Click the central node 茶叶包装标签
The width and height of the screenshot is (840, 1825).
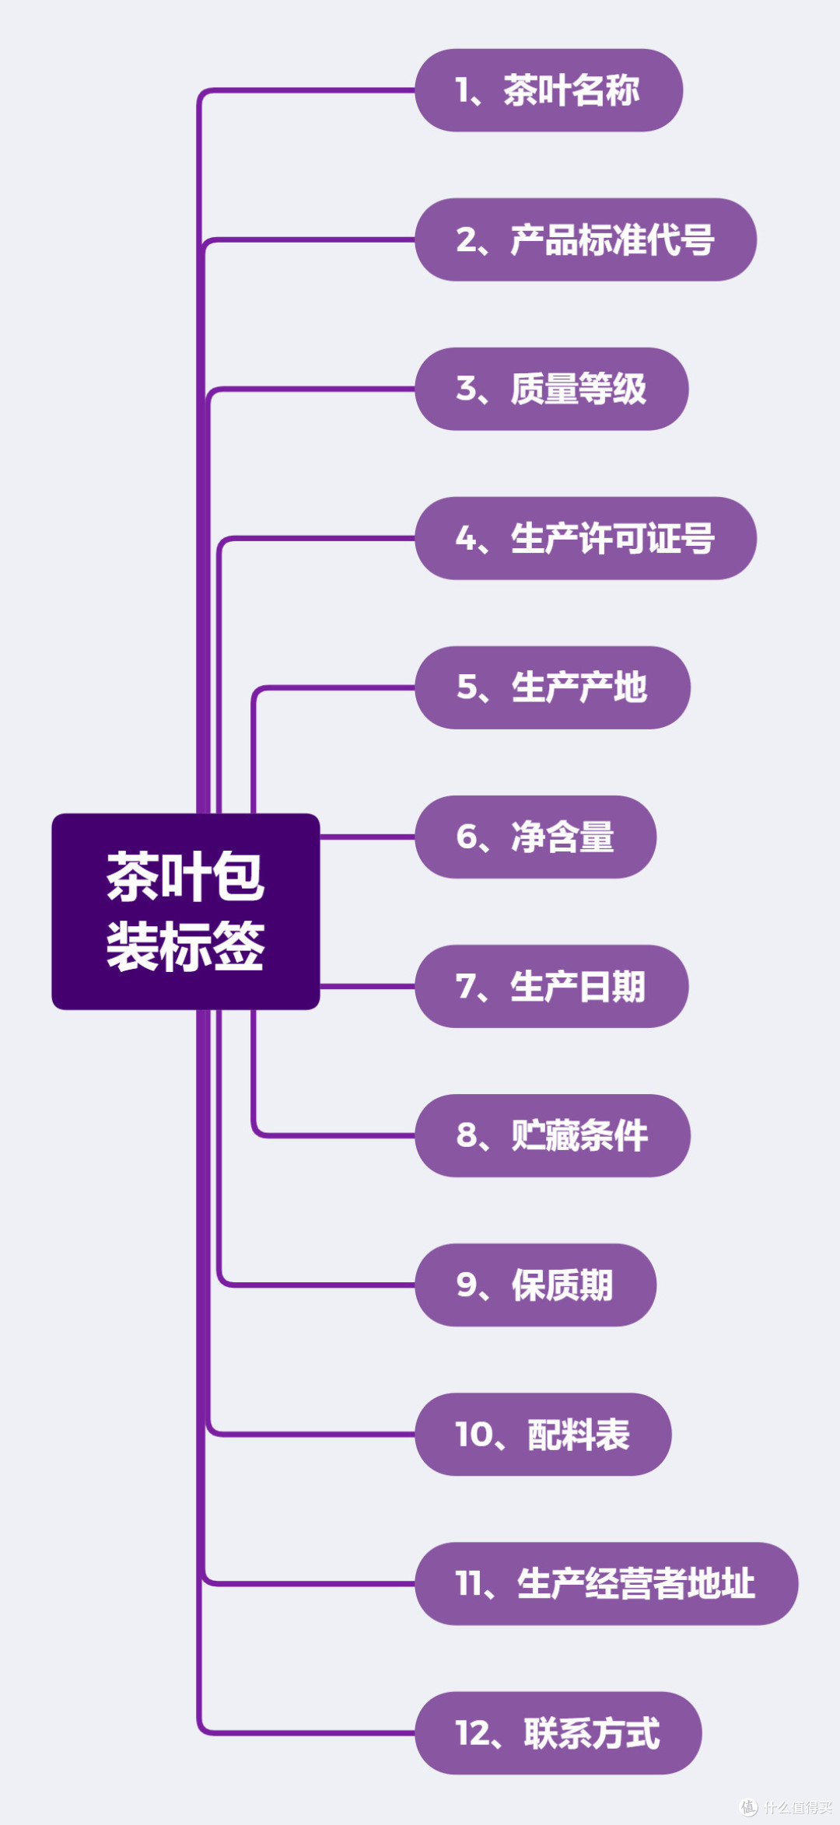185,911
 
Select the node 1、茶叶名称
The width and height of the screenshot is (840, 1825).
548,90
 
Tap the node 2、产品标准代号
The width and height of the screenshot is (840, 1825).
585,239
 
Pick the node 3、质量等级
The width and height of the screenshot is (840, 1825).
551,389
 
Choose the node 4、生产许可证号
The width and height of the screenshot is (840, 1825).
585,538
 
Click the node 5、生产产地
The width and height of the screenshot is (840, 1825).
552,687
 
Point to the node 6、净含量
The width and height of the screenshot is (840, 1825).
535,837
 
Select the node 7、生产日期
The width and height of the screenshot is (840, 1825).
551,986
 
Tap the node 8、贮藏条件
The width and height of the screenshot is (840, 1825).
552,1135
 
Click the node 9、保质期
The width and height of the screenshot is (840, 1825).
535,1285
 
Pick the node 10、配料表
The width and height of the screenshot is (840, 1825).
543,1434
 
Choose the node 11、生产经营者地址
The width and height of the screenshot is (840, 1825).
606,1583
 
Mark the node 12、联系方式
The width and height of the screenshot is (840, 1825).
558,1732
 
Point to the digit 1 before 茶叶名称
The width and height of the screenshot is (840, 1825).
463,91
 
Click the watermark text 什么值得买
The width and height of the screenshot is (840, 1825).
797,1807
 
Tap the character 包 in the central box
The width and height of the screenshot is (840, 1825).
238,876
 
